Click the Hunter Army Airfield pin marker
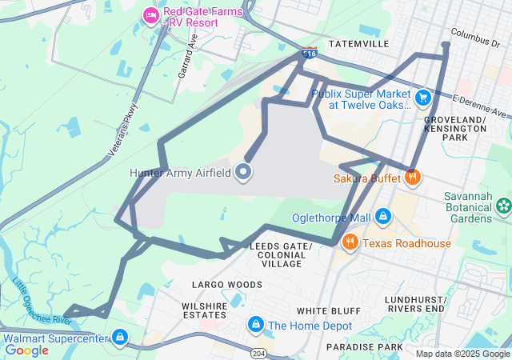[x=244, y=172]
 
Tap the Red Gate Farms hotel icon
[x=150, y=14]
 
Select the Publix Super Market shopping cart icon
[x=422, y=98]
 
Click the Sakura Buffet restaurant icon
[x=413, y=177]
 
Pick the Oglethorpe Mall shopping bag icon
[x=383, y=217]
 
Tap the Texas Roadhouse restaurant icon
[x=350, y=242]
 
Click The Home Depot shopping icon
[x=255, y=324]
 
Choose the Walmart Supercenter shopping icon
[x=120, y=338]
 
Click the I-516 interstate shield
[x=310, y=54]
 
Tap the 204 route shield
[x=258, y=352]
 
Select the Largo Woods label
[x=227, y=284]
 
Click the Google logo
[x=26, y=350]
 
